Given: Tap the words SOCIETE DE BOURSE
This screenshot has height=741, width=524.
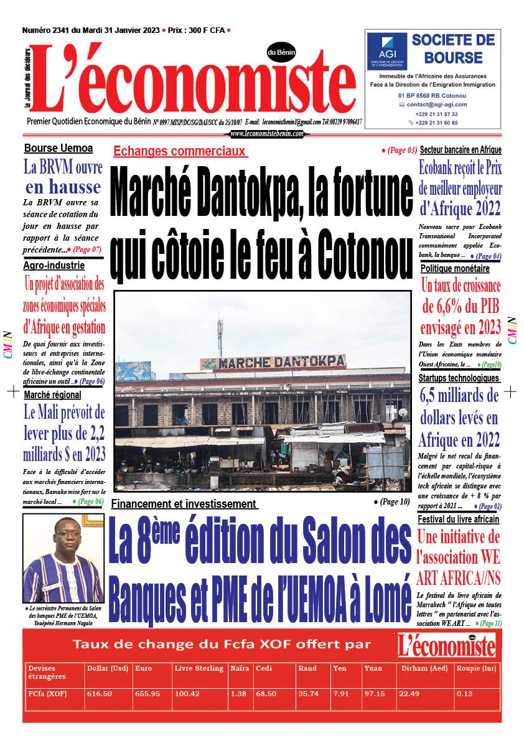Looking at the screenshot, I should click(x=453, y=49).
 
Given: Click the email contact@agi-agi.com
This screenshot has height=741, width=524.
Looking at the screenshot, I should click(x=437, y=105).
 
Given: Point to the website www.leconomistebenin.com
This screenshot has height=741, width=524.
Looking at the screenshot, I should click(x=267, y=134).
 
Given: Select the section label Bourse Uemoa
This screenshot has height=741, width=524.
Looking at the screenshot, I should click(x=58, y=148).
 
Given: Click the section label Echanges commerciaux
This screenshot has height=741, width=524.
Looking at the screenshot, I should click(x=180, y=151).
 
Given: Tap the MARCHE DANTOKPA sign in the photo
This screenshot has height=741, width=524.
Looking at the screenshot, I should click(x=273, y=361).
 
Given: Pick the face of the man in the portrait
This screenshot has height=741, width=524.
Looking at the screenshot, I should click(x=62, y=539).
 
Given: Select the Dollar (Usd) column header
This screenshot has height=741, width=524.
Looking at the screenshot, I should click(x=108, y=668).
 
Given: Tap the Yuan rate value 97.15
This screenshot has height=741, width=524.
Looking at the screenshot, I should click(x=374, y=694).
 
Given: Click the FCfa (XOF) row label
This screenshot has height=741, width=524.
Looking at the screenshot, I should click(x=48, y=694).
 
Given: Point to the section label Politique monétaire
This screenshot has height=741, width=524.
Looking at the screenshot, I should click(x=455, y=269).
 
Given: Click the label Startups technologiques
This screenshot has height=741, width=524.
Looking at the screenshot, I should click(x=459, y=378).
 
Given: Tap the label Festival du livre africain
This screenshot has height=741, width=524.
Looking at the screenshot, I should click(x=458, y=519).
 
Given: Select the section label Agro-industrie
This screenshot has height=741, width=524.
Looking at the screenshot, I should click(x=54, y=266).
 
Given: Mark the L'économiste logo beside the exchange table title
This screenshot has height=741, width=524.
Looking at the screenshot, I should click(x=447, y=645).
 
